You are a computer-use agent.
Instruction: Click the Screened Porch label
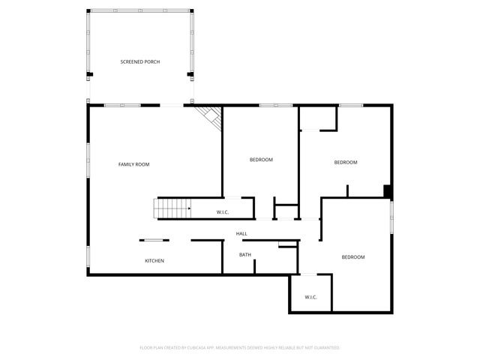[x=140, y=61]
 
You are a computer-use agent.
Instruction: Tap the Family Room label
[x=134, y=163]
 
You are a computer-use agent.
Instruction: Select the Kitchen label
[x=154, y=260]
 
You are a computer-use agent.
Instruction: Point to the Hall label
[x=241, y=234]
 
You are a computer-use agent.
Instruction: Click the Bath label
[x=245, y=255]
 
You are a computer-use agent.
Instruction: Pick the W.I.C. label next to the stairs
[x=223, y=212]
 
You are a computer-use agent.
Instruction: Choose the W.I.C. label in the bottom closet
[x=311, y=298]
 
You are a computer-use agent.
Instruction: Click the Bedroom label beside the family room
[x=261, y=160]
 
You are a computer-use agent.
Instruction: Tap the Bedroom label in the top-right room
[x=345, y=162]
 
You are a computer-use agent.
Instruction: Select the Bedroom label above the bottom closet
[x=353, y=257]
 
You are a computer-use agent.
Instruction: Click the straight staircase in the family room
[x=172, y=208]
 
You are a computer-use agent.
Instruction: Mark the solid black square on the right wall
[x=387, y=191]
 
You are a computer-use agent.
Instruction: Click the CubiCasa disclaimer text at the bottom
[x=240, y=348]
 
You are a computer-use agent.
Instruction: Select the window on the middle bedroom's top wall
[x=276, y=106]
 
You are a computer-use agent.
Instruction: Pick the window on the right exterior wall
[x=391, y=217]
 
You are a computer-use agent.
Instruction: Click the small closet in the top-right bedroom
[x=317, y=118]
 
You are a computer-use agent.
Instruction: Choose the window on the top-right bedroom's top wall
[x=351, y=106]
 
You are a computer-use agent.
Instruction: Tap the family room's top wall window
[x=122, y=106]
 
